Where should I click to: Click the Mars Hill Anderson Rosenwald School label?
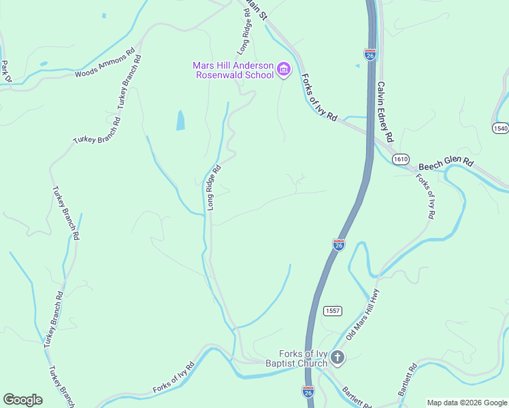233,70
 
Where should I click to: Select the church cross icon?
337,357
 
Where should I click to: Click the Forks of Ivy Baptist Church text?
303,358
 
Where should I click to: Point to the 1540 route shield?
500,129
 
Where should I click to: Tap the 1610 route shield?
400,158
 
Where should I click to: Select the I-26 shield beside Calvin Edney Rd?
370,55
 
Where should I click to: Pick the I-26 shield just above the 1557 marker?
339,245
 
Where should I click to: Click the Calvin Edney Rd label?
385,113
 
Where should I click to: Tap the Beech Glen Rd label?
445,163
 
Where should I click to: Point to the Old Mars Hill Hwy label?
362,314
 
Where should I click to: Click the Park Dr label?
5,71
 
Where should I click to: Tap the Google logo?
22,400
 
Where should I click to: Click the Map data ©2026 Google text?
467,403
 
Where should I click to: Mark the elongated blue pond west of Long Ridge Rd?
180,120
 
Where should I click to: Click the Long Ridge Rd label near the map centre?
214,187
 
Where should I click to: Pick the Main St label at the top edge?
252,10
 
